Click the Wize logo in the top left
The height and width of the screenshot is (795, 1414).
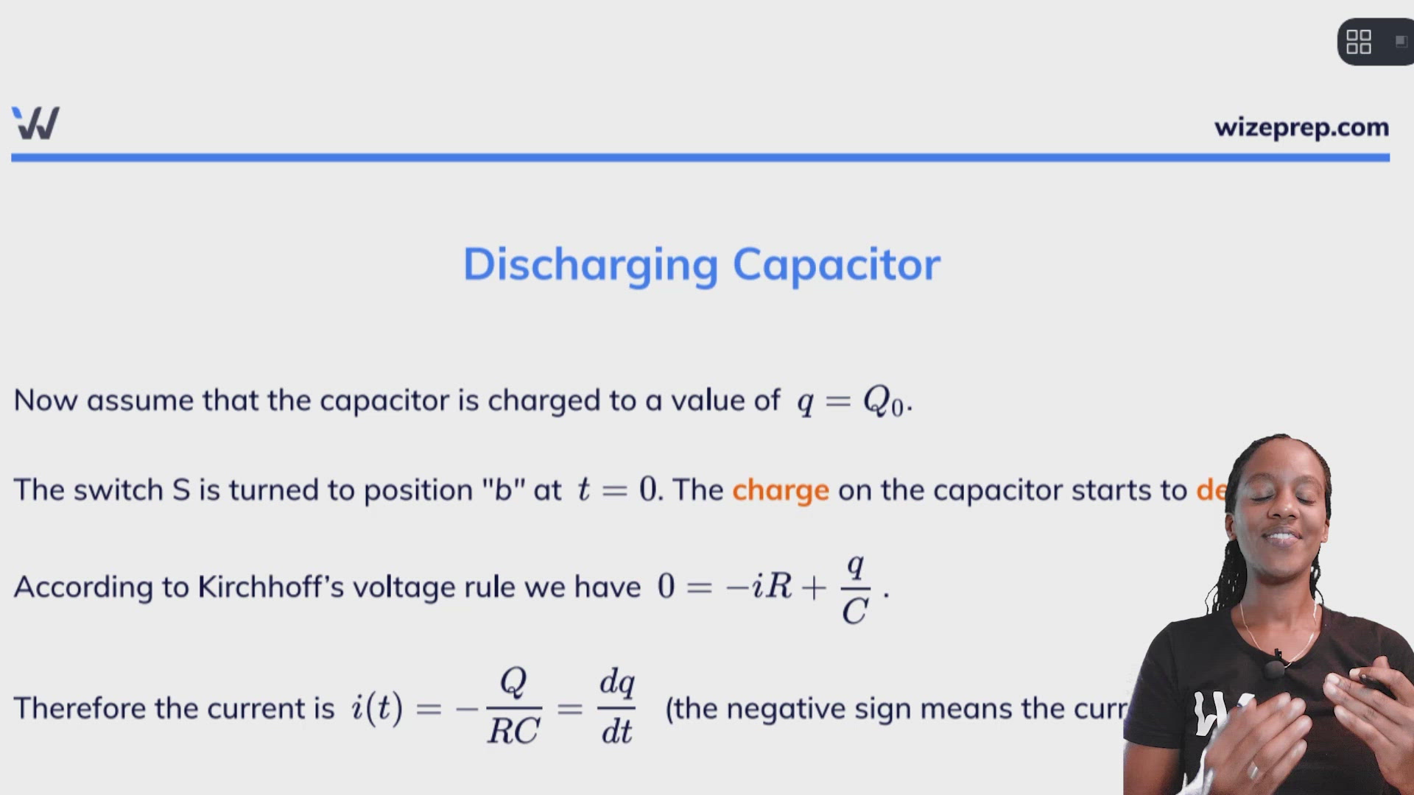coord(35,123)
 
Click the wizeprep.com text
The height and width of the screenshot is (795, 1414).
coord(1301,127)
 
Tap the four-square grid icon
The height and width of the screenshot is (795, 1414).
coord(1358,42)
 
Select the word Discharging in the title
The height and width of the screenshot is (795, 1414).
coord(590,264)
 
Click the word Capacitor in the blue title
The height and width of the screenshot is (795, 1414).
coord(836,264)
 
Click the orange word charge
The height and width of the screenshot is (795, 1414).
coord(780,490)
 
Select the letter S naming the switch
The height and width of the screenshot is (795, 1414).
coord(180,490)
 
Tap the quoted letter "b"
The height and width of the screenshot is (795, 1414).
coord(503,490)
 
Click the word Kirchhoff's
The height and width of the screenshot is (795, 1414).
coord(270,587)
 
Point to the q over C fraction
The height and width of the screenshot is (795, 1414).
coord(855,589)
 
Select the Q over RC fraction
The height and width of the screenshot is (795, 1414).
coord(513,707)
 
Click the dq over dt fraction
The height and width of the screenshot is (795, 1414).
coord(616,707)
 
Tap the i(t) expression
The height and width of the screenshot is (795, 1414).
coord(376,708)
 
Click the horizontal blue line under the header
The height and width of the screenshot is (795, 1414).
coord(700,158)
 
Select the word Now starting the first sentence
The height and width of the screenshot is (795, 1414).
coord(45,401)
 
